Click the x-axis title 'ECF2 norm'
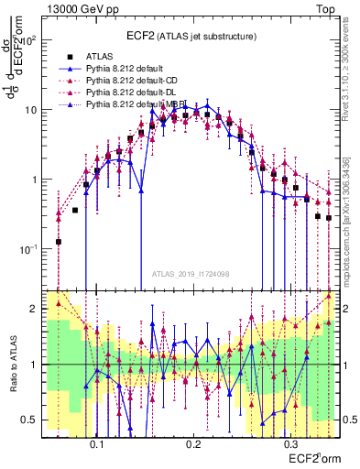click(312, 457)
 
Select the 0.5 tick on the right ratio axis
click(349, 420)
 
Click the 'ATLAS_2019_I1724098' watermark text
click(192, 275)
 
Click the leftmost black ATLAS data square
click(59, 242)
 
